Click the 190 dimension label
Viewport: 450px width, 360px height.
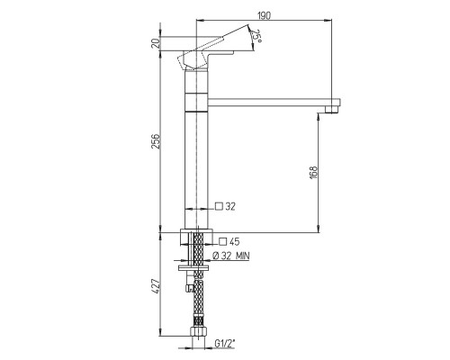(264, 15)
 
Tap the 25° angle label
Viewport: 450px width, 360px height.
(256, 36)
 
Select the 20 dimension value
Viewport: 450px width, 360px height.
(156, 44)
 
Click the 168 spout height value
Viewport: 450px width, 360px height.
(313, 173)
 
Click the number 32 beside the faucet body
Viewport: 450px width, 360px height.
(230, 206)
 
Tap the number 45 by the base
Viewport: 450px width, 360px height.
(234, 241)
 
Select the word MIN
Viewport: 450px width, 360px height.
(242, 256)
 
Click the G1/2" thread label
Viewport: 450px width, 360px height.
(225, 343)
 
